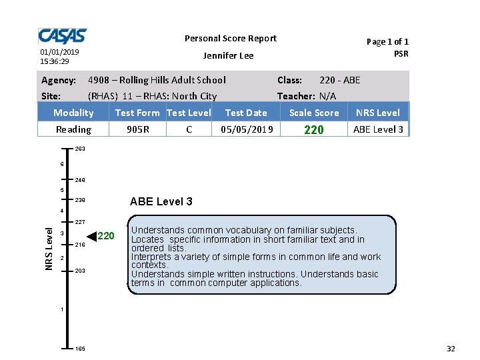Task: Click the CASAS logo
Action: pyautogui.click(x=62, y=36)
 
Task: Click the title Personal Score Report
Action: pyautogui.click(x=230, y=39)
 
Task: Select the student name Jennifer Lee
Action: pyautogui.click(x=228, y=55)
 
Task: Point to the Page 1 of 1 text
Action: pyautogui.click(x=387, y=41)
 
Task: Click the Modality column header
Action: pyautogui.click(x=73, y=113)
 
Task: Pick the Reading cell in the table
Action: pyautogui.click(x=73, y=129)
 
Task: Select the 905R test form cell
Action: pyautogui.click(x=138, y=129)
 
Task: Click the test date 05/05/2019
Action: pyautogui.click(x=247, y=129)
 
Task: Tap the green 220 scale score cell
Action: pyautogui.click(x=313, y=130)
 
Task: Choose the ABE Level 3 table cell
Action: pyautogui.click(x=378, y=129)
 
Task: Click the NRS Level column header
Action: pyautogui.click(x=378, y=113)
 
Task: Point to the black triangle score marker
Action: pyautogui.click(x=92, y=235)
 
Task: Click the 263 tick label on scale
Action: pyautogui.click(x=80, y=149)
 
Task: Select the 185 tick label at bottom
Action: pyautogui.click(x=80, y=349)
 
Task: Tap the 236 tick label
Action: pyautogui.click(x=80, y=200)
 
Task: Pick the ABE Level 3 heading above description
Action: pyautogui.click(x=161, y=202)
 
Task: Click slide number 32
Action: pyautogui.click(x=451, y=349)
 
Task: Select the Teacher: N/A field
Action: pyautogui.click(x=307, y=96)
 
